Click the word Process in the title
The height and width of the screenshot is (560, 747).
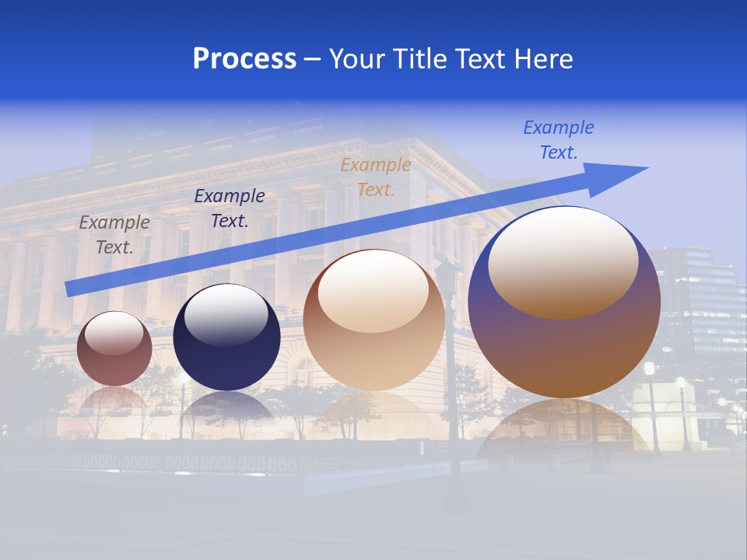coord(244,59)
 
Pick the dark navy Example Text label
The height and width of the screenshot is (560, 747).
coord(230,208)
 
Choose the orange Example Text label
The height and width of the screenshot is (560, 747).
coord(376,177)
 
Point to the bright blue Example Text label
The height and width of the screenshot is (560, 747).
coord(558,140)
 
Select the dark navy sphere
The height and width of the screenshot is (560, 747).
coord(226,358)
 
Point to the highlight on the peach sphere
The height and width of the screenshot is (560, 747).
coord(373,290)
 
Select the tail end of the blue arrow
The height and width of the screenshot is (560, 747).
coord(72,288)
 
